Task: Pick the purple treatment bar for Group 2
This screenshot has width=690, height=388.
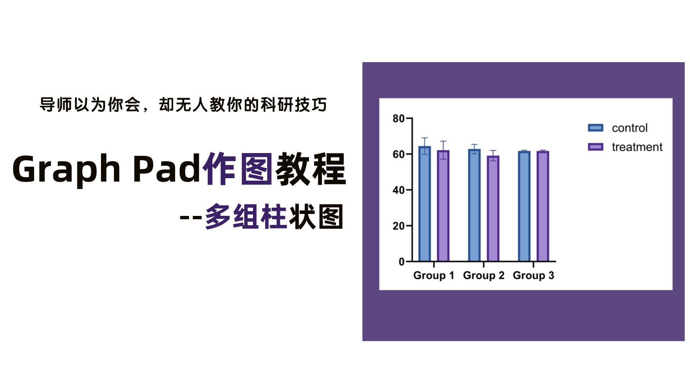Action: click(x=493, y=209)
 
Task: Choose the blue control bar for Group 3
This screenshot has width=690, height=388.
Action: click(x=524, y=206)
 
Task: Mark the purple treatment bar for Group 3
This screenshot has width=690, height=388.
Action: click(x=543, y=206)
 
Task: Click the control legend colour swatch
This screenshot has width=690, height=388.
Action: click(x=595, y=128)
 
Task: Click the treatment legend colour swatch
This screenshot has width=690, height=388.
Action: click(x=595, y=147)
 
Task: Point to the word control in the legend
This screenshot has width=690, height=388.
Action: click(x=630, y=128)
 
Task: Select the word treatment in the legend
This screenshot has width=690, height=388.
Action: click(x=637, y=147)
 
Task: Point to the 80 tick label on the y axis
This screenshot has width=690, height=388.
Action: click(x=399, y=119)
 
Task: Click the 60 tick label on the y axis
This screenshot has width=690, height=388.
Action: click(x=399, y=154)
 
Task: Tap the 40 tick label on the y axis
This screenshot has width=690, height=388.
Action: click(x=399, y=190)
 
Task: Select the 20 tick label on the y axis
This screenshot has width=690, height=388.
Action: click(x=399, y=226)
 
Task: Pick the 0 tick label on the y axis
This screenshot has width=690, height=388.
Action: click(x=401, y=262)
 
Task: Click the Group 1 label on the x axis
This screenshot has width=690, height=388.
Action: click(x=434, y=276)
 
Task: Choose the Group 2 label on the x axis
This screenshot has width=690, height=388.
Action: click(x=484, y=276)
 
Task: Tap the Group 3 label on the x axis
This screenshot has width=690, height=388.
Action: click(x=533, y=276)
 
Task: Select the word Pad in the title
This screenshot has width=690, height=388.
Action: click(x=166, y=168)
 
